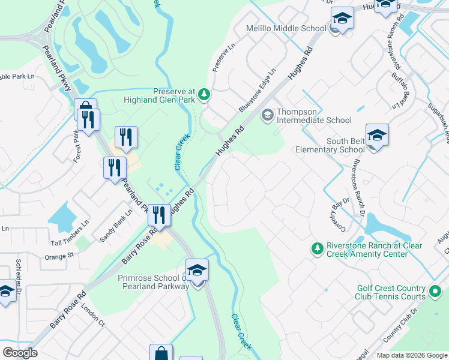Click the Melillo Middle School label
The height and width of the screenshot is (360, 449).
point(286,29)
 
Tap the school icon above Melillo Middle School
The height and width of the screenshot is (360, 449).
point(342,18)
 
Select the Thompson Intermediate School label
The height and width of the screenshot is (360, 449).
point(313,120)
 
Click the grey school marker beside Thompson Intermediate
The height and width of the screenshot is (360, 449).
point(267,113)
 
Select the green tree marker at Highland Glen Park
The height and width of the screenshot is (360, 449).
point(205,94)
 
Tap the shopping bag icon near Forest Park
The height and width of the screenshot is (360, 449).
point(85,110)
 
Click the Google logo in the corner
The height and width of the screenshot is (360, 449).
point(20,352)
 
